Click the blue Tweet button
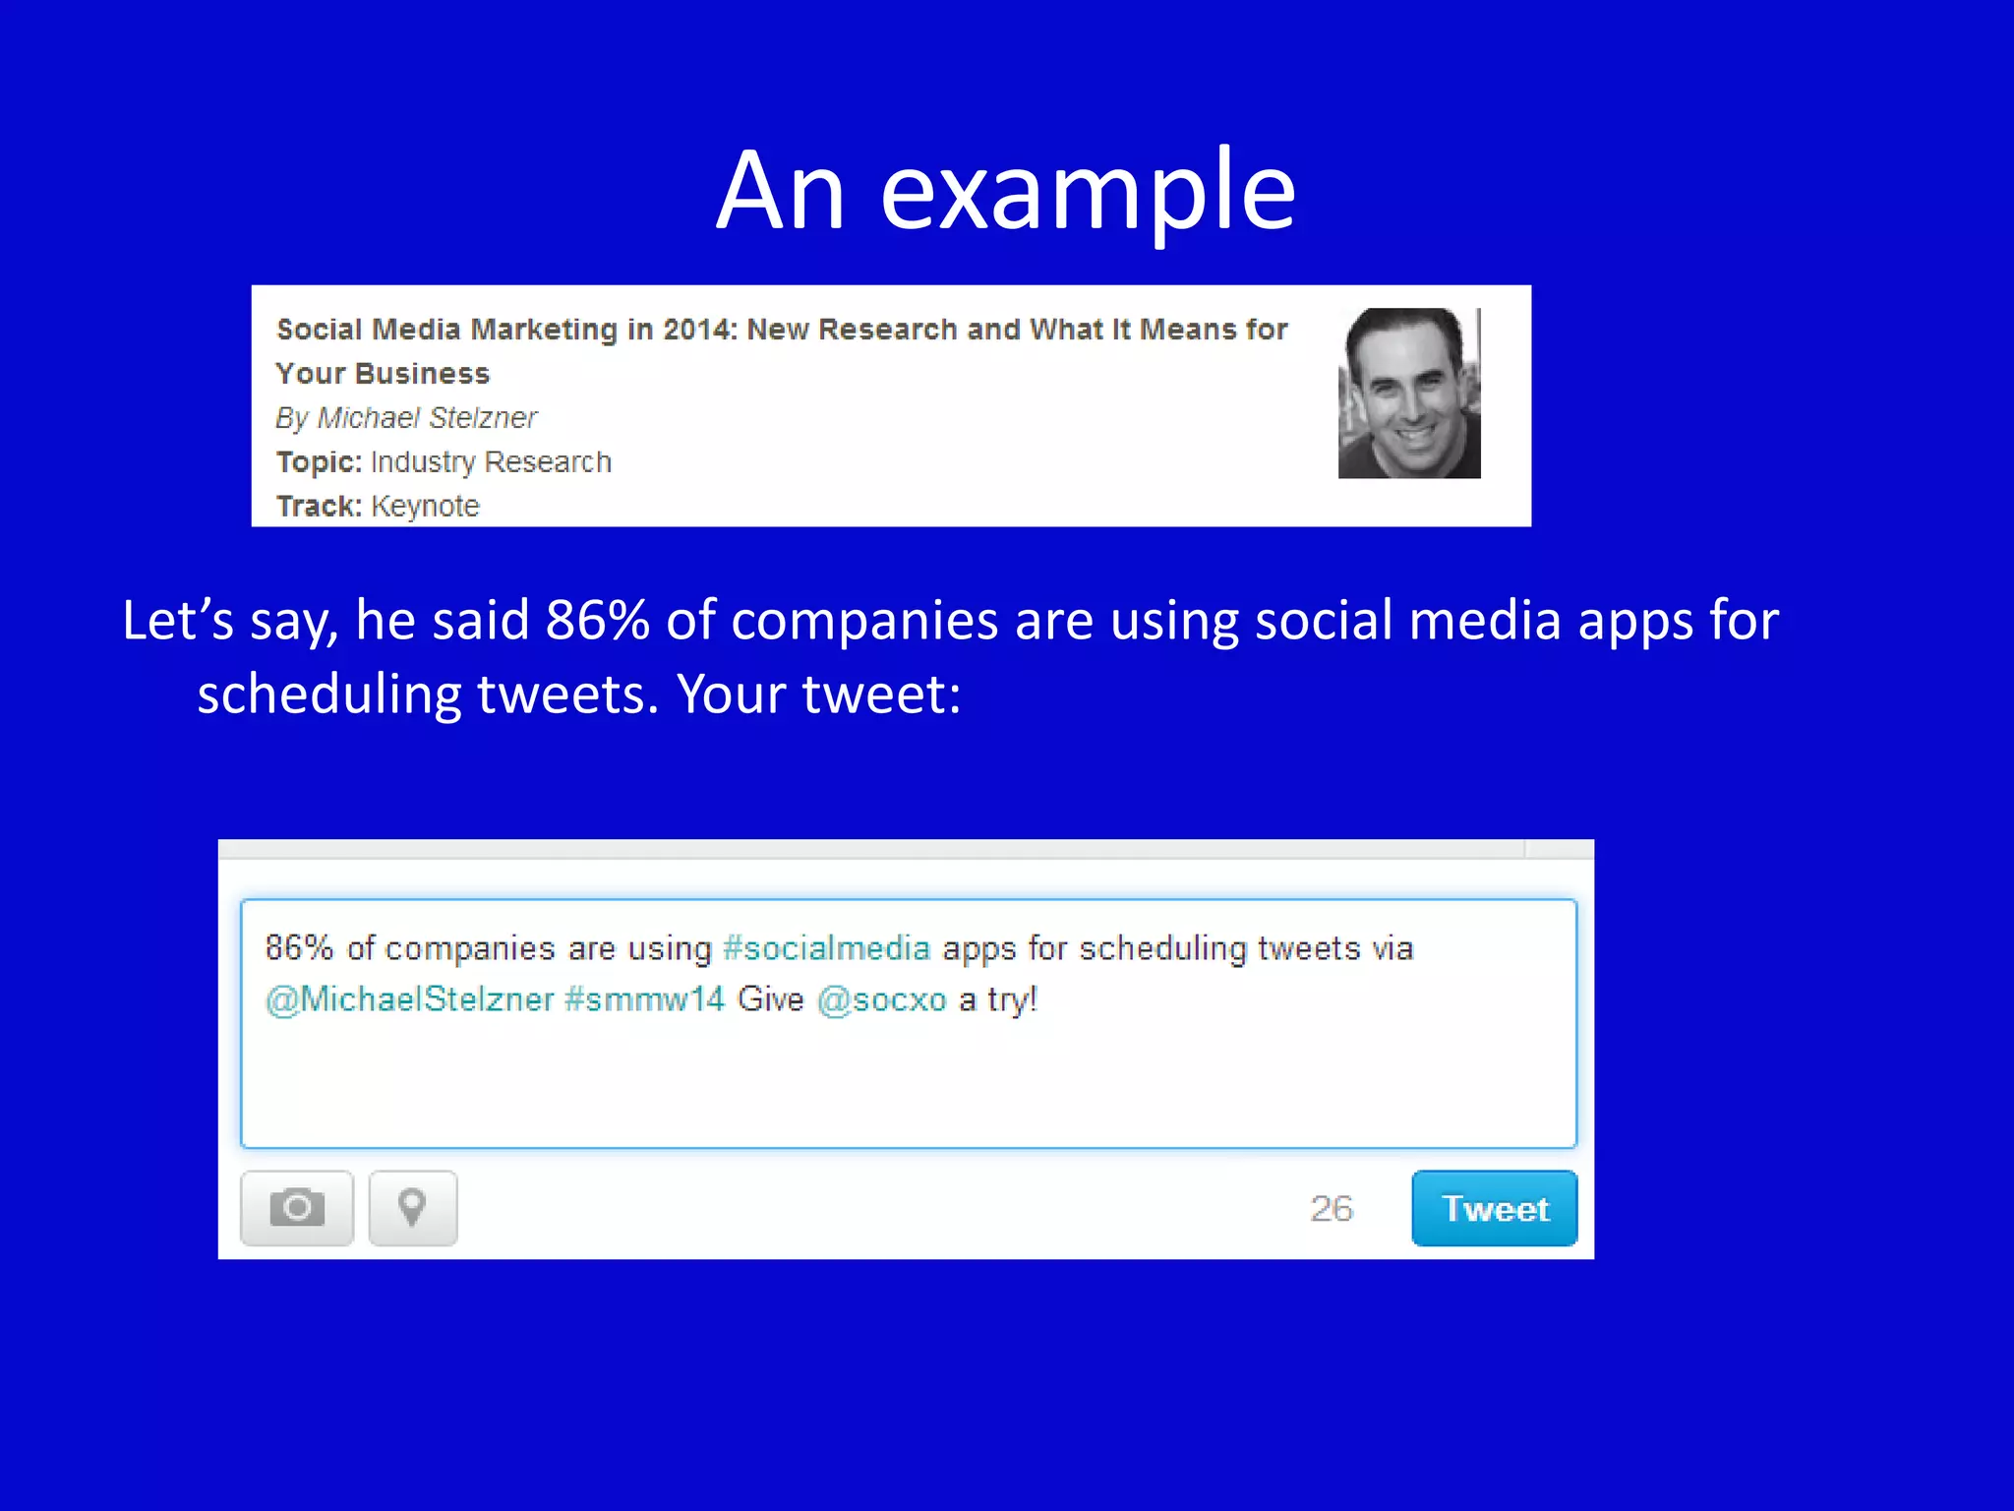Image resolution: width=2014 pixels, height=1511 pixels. (1494, 1208)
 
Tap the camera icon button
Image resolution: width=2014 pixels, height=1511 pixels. (296, 1208)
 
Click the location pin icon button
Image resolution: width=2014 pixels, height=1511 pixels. (412, 1208)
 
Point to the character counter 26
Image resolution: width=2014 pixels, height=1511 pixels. (1332, 1209)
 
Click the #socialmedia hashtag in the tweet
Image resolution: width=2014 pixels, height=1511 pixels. (826, 948)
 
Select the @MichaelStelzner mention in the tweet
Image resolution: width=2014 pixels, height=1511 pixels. (409, 999)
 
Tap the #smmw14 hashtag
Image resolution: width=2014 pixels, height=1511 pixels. (644, 999)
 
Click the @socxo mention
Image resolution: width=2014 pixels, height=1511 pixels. (881, 999)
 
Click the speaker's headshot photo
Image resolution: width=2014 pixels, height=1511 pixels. (1408, 393)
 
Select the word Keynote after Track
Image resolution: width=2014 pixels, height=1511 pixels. (425, 507)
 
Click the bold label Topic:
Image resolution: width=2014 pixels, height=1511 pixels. (319, 462)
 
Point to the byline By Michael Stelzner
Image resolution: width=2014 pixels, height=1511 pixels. (406, 418)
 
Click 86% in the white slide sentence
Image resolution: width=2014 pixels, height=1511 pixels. (597, 621)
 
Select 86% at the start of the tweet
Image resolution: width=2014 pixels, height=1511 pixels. (299, 948)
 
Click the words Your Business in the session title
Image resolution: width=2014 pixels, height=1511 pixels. (383, 374)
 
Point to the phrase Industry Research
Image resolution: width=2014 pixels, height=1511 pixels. (491, 462)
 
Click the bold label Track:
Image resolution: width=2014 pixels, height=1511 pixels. (319, 507)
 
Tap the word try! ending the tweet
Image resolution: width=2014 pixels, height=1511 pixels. (1012, 999)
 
